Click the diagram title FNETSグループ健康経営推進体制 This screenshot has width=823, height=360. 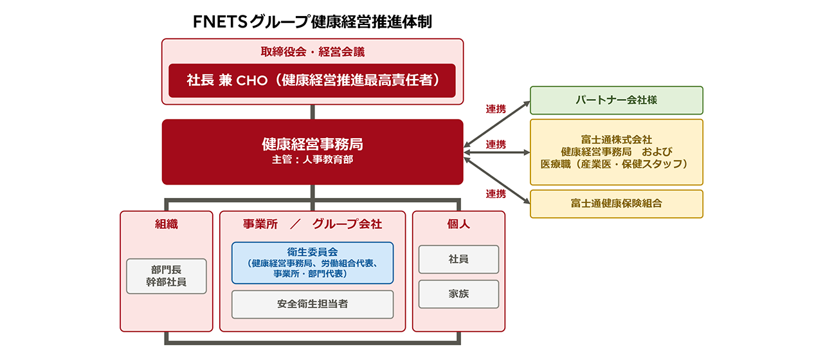(312, 21)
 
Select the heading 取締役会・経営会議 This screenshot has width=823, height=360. (312, 51)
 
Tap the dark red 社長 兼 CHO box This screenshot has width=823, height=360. (312, 80)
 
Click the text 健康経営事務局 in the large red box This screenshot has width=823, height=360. (312, 143)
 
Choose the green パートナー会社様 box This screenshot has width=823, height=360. (616, 100)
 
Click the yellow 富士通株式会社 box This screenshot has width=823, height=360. (616, 152)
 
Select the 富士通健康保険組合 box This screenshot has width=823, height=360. (616, 204)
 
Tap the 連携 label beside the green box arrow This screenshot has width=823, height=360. (495, 109)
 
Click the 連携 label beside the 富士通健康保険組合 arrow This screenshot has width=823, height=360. (495, 194)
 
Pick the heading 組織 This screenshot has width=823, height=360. (166, 224)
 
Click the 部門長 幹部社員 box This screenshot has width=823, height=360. (166, 276)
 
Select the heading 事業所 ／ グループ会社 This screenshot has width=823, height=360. (312, 224)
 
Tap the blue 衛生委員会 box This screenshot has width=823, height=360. (312, 263)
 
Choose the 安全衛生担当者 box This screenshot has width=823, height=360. (312, 304)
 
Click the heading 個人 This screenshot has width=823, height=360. (458, 224)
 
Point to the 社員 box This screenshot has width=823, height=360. (458, 259)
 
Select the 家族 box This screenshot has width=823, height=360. (458, 294)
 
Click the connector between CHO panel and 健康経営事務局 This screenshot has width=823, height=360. (312, 112)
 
